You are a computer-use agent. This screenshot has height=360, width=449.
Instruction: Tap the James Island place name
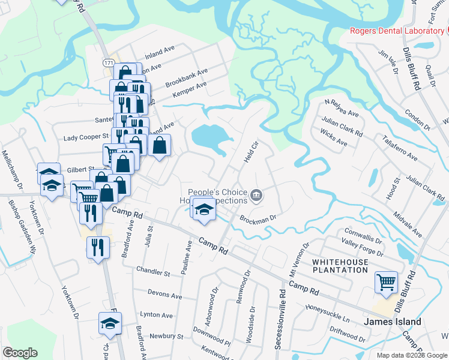click(x=392, y=322)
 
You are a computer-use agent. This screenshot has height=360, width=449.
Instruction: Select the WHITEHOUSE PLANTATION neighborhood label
click(x=339, y=266)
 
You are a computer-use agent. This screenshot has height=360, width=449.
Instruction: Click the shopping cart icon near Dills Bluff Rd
click(x=387, y=281)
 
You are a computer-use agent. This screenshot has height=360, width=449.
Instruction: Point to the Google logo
click(x=20, y=352)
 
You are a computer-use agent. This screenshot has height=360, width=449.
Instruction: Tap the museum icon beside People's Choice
click(x=256, y=194)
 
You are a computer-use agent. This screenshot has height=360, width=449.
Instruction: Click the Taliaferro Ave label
click(x=399, y=148)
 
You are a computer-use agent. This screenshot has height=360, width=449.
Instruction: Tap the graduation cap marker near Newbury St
click(x=110, y=323)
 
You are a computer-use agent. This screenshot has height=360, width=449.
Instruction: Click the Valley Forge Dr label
click(x=363, y=246)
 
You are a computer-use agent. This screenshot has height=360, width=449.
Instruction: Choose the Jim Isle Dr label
click(x=388, y=62)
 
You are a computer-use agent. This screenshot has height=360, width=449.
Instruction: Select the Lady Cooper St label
click(x=86, y=137)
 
